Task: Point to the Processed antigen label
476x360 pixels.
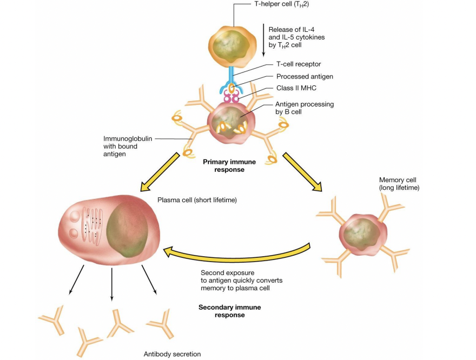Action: point(305,77)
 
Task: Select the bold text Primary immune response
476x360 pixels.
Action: point(225,165)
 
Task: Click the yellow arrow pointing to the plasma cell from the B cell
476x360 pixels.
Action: point(160,172)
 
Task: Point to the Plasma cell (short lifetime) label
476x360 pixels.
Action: point(197,200)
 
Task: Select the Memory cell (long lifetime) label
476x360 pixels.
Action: point(399,184)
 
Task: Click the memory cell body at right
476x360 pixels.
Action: point(363,234)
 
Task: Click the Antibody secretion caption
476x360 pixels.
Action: point(172,354)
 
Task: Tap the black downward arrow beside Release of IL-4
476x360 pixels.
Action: point(263,41)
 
